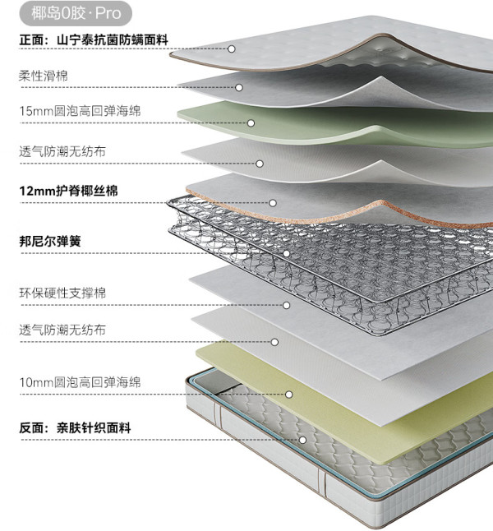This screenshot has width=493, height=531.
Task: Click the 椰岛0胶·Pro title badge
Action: [x=76, y=13]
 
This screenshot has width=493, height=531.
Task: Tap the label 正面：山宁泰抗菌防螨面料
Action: [x=94, y=40]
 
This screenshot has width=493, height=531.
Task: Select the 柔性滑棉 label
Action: [x=44, y=76]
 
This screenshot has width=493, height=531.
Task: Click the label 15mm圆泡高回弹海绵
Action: [x=80, y=111]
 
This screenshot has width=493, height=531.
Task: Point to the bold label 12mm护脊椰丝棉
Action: [x=69, y=191]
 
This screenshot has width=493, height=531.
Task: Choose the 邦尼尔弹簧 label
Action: [x=50, y=242]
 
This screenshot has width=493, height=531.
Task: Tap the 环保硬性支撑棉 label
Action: [x=62, y=293]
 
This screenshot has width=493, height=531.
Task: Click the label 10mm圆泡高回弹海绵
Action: [x=80, y=382]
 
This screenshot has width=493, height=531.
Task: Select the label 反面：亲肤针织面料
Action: [x=75, y=427]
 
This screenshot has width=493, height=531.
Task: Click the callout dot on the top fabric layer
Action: [x=232, y=49]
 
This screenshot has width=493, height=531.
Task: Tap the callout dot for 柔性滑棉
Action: [x=239, y=88]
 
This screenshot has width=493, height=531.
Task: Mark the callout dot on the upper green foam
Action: [x=251, y=123]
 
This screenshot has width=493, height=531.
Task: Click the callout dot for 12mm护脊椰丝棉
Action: [x=273, y=203]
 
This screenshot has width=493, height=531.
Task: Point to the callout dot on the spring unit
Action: [x=287, y=254]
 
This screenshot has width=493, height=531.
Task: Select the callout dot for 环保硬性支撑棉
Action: [x=287, y=306]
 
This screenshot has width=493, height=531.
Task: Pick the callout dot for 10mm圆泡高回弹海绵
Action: [x=289, y=395]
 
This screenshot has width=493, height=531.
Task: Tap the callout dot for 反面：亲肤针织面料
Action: [x=303, y=441]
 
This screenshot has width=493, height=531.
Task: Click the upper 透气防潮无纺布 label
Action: [x=62, y=151]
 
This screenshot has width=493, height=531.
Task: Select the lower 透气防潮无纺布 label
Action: [x=62, y=330]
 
